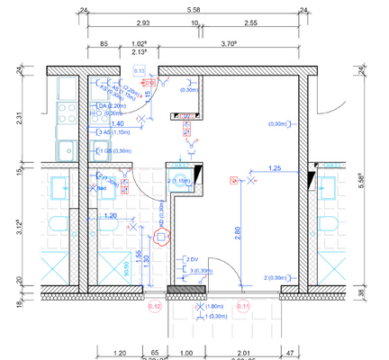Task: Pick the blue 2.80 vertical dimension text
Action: tap(236, 230)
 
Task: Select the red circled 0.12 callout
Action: tap(154, 306)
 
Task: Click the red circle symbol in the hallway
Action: tap(162, 238)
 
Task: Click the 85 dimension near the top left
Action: tap(104, 41)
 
